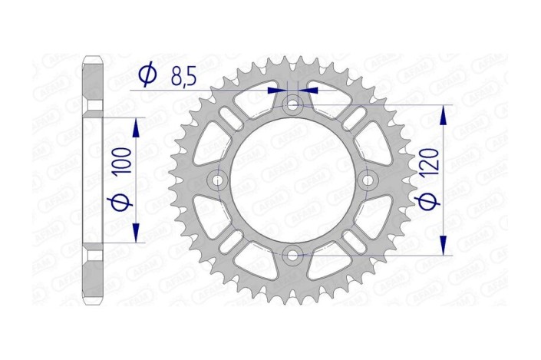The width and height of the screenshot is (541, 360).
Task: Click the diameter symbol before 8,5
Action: point(148,74)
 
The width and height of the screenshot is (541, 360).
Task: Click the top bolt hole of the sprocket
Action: point(292,104)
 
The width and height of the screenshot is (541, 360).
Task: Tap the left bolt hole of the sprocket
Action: point(218,180)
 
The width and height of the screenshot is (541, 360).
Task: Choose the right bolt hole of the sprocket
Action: point(367,180)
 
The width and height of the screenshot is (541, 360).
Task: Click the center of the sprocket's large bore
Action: point(292,180)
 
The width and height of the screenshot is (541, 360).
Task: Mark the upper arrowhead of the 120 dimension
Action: point(444,113)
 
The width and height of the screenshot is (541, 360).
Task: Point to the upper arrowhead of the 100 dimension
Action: point(137,125)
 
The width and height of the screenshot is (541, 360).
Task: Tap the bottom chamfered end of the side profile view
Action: point(91,300)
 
